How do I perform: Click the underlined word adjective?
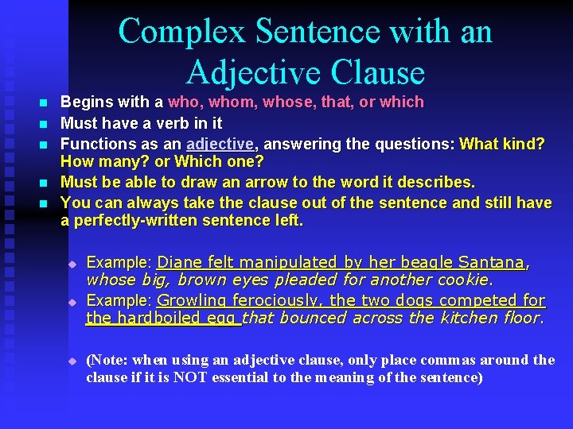[x=220, y=144]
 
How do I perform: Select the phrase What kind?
[x=502, y=144]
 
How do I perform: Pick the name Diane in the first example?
[x=179, y=262]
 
